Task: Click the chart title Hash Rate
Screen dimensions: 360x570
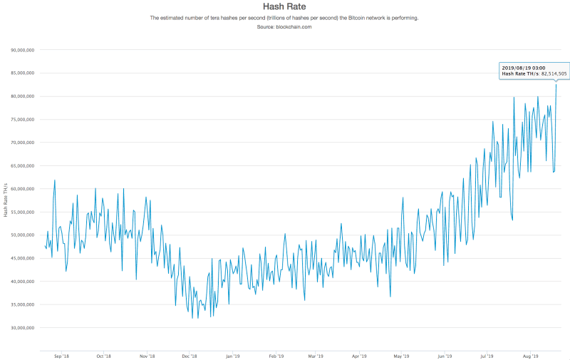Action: [x=284, y=7]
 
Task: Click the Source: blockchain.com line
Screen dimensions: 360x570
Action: [x=284, y=26]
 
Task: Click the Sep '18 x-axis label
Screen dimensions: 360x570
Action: [x=61, y=355]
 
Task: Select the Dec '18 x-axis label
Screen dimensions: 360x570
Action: [x=190, y=355]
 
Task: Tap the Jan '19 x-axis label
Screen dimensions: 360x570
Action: [x=232, y=355]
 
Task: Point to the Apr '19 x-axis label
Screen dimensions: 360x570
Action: [x=360, y=355]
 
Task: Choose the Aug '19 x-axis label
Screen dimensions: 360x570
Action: [x=530, y=355]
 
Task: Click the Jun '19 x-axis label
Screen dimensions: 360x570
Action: [x=445, y=355]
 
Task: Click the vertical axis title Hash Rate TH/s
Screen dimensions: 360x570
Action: [x=6, y=200]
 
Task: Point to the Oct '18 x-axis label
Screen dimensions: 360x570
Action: [x=104, y=355]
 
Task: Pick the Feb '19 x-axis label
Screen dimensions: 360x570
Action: [x=276, y=355]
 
